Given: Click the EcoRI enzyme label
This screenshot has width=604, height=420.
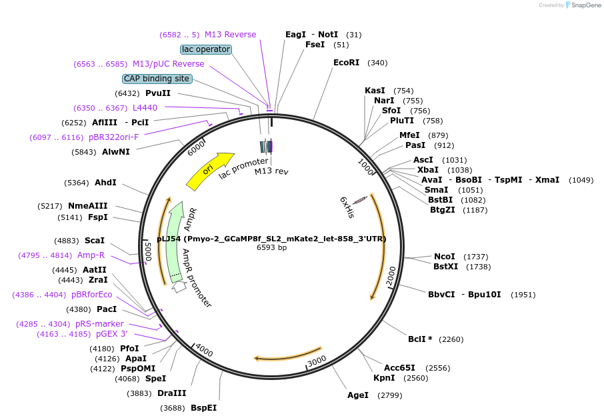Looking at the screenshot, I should [346, 63].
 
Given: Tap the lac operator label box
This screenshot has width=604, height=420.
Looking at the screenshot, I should [206, 49].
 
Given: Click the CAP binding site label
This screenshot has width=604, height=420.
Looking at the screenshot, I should [157, 79].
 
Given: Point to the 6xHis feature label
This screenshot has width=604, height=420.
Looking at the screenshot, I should [347, 207].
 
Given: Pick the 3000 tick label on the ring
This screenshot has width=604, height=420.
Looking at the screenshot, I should [317, 360].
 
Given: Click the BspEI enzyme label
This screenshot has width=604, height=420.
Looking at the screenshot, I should [203, 407].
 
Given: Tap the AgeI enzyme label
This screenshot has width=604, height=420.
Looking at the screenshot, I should [357, 395].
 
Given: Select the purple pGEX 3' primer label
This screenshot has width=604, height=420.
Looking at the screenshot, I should [111, 334].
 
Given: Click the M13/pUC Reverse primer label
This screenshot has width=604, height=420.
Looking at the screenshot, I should [168, 64].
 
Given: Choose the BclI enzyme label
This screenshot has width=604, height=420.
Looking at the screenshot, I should [419, 339].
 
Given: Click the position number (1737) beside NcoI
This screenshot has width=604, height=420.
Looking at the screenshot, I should [476, 257].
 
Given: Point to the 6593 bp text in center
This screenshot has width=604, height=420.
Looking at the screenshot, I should [271, 247].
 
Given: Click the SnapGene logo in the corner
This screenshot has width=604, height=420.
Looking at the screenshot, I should [581, 5].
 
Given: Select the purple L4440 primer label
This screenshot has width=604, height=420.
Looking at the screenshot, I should [145, 107].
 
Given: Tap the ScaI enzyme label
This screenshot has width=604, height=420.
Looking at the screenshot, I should [94, 240].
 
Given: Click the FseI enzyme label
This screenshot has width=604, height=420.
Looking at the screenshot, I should [315, 45].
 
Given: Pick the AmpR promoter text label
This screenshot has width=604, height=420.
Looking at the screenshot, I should [196, 279].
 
